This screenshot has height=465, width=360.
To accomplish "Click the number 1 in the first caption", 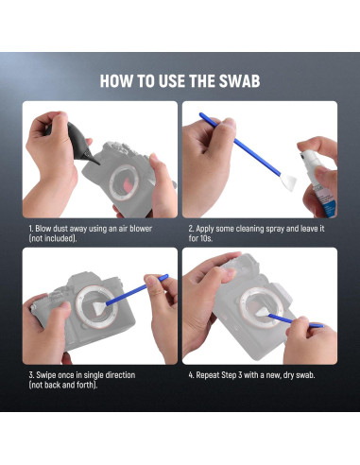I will click(x=30, y=228).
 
